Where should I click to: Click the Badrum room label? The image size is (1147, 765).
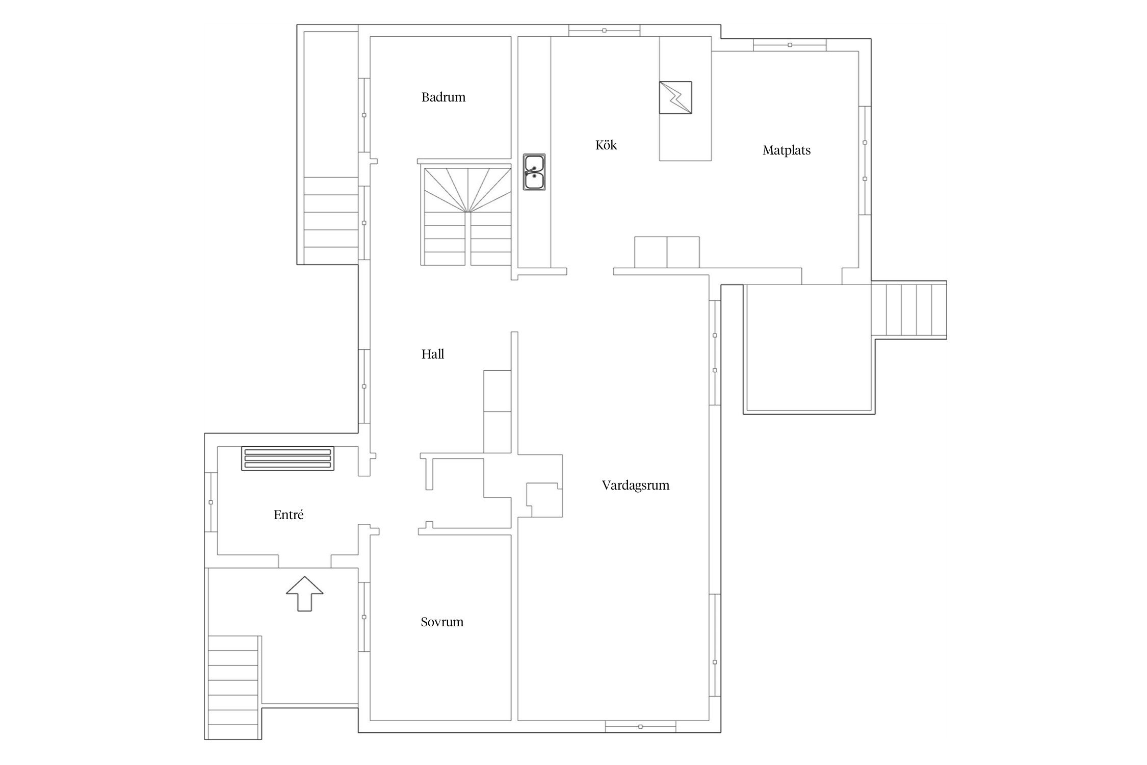[444, 97]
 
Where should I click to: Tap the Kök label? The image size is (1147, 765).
[606, 145]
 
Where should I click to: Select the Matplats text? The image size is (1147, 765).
[787, 150]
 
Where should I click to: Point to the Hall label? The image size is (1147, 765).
[433, 354]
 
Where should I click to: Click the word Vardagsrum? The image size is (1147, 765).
[636, 485]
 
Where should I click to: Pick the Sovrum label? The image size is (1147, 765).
[442, 622]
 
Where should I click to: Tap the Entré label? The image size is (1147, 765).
[289, 515]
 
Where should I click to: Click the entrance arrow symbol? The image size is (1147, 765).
[304, 594]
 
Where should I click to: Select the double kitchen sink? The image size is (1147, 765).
[534, 172]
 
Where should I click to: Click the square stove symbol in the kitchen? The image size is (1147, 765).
[675, 97]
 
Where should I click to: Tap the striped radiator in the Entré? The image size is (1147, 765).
[288, 458]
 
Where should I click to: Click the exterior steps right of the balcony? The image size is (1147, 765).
[908, 310]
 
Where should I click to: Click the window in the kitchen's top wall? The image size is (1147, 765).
[604, 31]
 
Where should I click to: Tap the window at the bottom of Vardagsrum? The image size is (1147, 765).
[640, 726]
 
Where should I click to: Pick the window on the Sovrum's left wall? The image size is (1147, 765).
[364, 617]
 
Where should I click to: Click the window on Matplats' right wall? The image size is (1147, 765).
[865, 161]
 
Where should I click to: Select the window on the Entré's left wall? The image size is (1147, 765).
[211, 502]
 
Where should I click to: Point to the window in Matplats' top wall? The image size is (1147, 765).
[790, 45]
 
